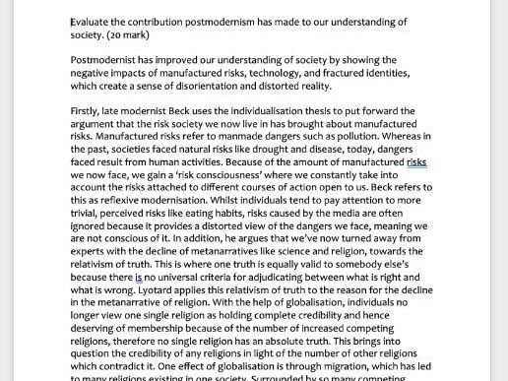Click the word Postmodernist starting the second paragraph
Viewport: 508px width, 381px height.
point(107,60)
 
